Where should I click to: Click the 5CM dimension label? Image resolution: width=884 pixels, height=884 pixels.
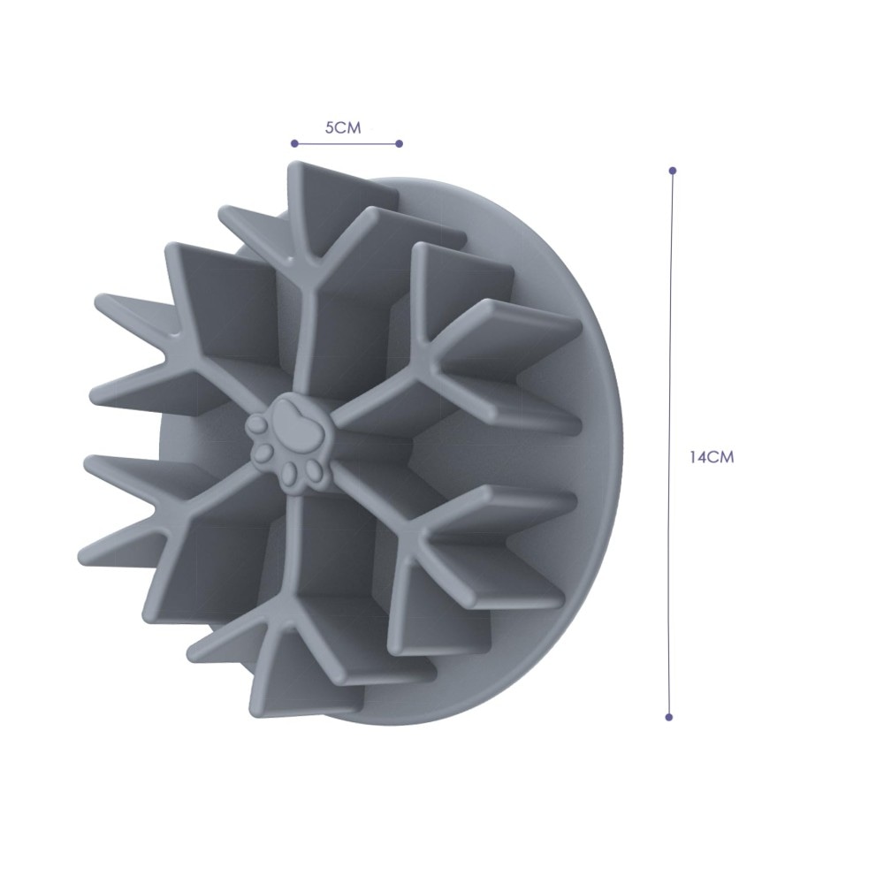tap(343, 128)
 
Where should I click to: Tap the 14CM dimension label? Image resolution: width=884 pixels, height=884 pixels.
tap(712, 457)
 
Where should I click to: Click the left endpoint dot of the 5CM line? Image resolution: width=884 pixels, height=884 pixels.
tap(293, 143)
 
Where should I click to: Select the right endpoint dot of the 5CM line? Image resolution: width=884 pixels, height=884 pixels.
tap(400, 144)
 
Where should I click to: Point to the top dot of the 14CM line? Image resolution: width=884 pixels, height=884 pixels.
tap(672, 171)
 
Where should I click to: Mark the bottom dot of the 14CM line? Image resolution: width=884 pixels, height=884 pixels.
tap(669, 717)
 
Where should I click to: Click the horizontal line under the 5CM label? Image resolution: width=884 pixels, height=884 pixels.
tap(347, 144)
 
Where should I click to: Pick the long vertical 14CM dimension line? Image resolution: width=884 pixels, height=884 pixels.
tap(671, 444)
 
